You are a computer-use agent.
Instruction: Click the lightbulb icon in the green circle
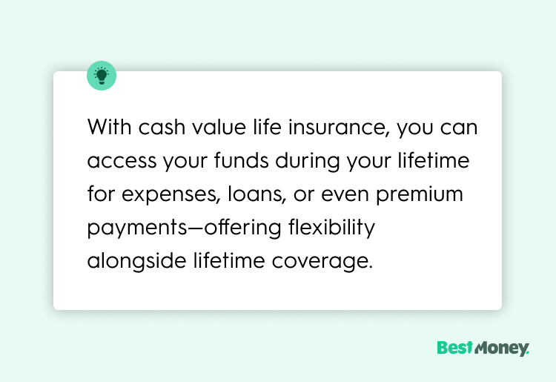[x=102, y=76]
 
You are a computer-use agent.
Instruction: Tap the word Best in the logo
[x=454, y=348]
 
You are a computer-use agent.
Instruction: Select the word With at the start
[x=108, y=128]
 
